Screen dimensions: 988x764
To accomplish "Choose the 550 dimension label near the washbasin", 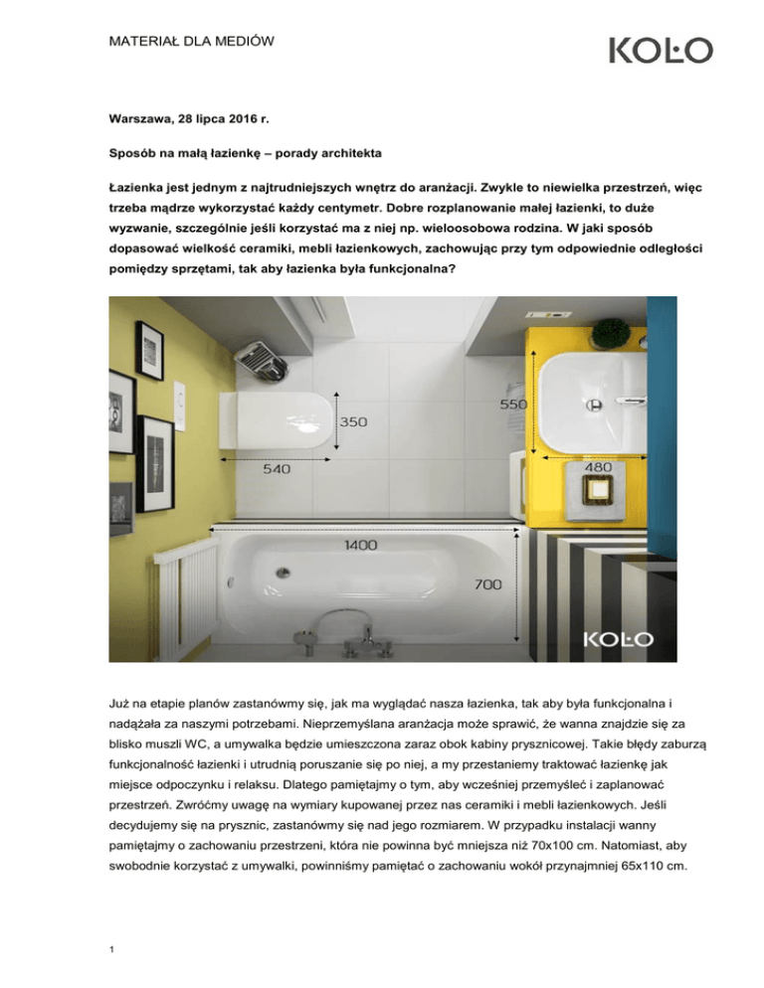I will click(512, 406).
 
